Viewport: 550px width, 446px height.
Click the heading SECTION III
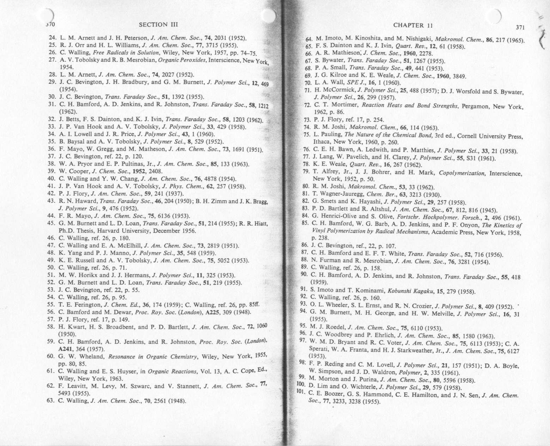coord(158,24)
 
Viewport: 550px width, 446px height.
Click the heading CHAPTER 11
coord(413,25)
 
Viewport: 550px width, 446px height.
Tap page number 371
coord(521,27)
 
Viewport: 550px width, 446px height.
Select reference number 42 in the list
coord(51,194)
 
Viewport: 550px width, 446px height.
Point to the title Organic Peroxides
coord(183,60)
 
